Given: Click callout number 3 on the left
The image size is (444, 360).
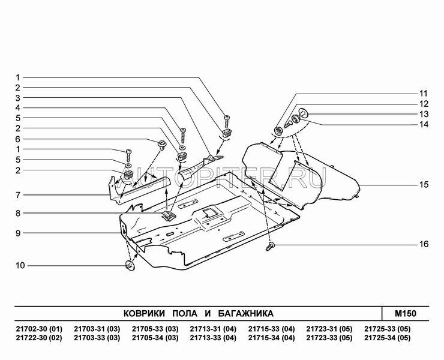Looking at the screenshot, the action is (x=19, y=98).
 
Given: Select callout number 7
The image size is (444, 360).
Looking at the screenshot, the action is (x=19, y=195).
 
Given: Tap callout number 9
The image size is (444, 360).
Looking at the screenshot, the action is (x=19, y=233).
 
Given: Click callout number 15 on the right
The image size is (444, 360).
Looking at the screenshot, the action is (x=424, y=185).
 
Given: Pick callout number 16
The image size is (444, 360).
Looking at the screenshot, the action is (x=424, y=245).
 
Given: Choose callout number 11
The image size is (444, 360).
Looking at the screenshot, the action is (x=424, y=94).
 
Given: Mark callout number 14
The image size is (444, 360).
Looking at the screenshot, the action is (x=424, y=124).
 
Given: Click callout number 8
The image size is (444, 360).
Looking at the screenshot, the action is (x=19, y=212).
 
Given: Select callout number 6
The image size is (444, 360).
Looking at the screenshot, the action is (x=19, y=139).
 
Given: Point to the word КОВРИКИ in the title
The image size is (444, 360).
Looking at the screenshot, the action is (x=143, y=313).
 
